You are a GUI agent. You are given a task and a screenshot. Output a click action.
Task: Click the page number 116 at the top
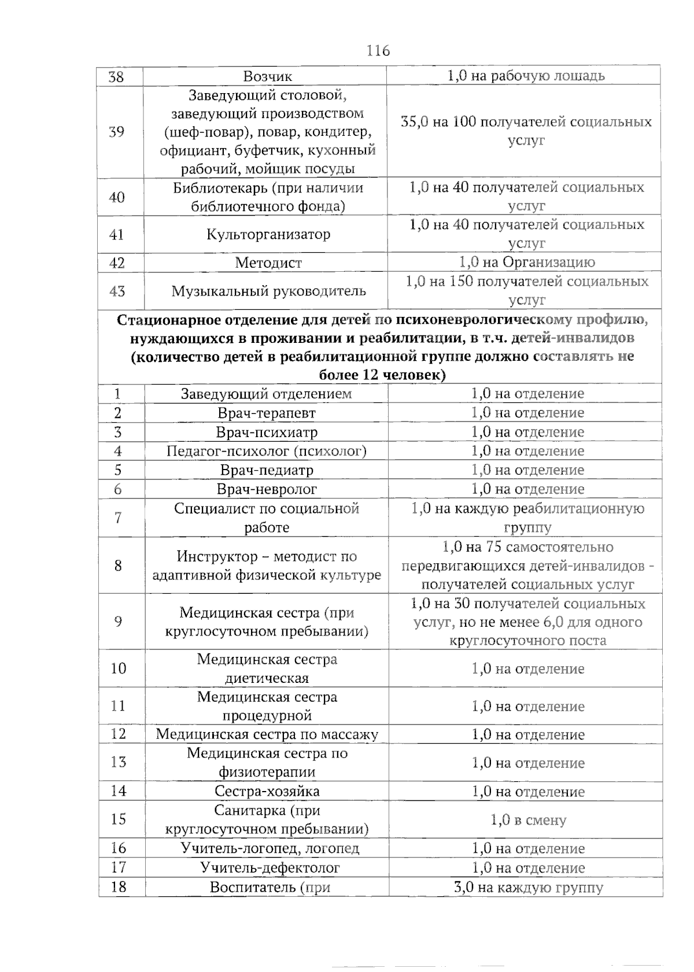[x=378, y=51]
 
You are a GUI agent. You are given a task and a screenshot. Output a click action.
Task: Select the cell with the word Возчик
[x=267, y=76]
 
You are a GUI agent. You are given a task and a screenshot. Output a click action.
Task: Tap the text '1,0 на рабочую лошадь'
[x=526, y=76]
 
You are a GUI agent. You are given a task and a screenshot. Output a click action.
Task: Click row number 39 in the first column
[x=117, y=132]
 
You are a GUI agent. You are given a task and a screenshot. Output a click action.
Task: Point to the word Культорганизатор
[x=268, y=235]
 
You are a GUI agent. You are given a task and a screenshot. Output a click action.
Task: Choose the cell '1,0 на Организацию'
[x=527, y=263]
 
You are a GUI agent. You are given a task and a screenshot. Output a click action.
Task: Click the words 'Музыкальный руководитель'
[x=268, y=291]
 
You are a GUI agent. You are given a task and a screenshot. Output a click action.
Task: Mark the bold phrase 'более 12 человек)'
[x=382, y=375]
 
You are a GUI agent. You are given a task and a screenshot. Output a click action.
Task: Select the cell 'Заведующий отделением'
[x=266, y=394]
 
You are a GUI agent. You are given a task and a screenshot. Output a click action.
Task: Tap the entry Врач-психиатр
[x=267, y=433]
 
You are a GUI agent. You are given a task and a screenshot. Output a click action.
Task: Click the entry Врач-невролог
[x=267, y=489]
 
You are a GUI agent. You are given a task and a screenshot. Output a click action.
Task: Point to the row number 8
[x=118, y=565]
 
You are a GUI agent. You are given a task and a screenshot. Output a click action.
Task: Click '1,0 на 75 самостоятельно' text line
[x=527, y=547]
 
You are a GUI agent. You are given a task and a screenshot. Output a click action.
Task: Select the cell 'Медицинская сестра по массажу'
[x=267, y=735]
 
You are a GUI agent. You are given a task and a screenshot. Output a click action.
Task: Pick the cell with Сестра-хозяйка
[x=267, y=792]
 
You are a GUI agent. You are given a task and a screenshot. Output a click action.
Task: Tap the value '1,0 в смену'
[x=528, y=820]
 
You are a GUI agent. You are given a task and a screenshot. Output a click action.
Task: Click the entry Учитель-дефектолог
[x=270, y=868]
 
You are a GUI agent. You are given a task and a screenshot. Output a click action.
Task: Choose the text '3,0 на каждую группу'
[x=528, y=888]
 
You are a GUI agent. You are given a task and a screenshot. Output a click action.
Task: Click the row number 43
[x=117, y=291]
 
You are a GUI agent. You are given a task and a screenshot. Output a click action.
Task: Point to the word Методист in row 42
[x=268, y=263]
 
